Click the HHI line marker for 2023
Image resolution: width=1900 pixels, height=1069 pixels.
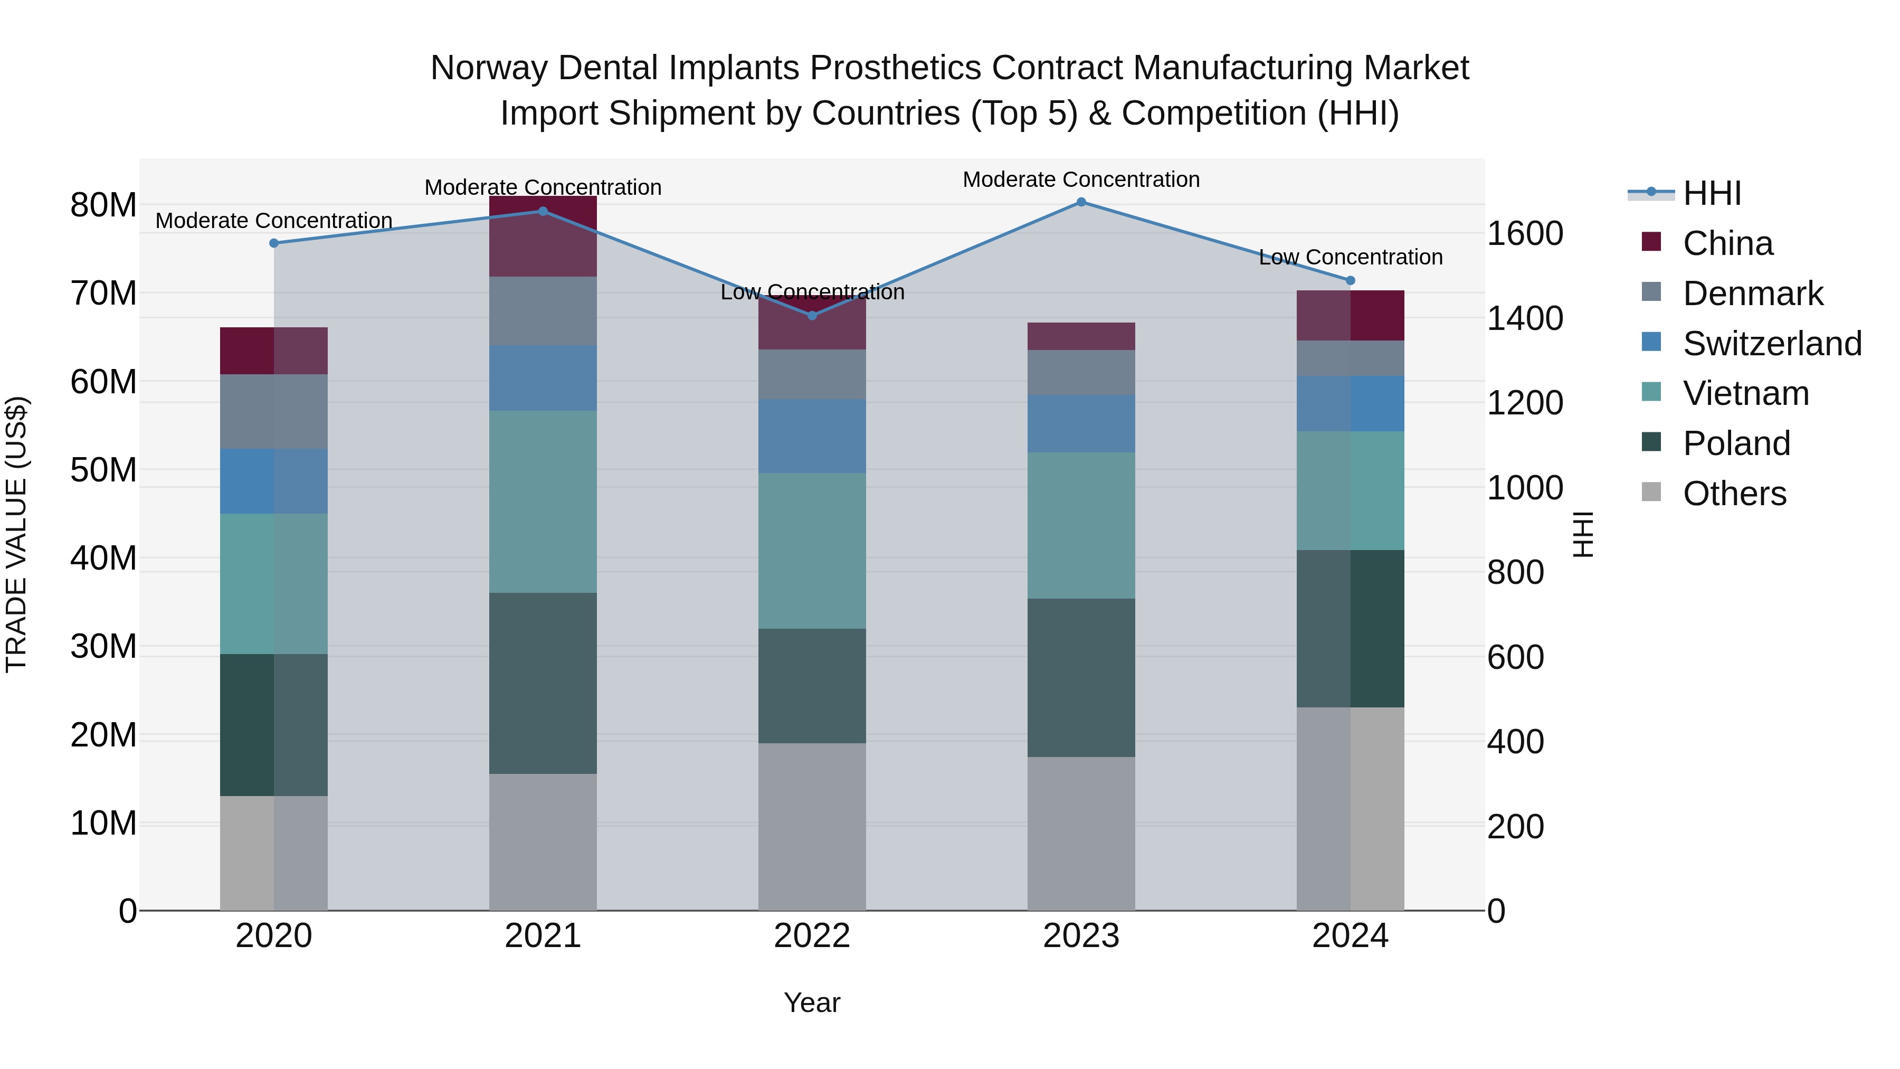click(x=1081, y=202)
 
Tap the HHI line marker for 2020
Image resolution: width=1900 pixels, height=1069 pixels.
click(x=273, y=243)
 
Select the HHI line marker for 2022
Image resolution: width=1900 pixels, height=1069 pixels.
click(x=812, y=316)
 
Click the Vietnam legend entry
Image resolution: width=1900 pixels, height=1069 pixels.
click(x=1745, y=394)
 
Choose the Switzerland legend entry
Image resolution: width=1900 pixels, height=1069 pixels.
click(x=1772, y=344)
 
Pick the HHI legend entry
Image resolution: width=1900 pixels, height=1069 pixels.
click(x=1711, y=193)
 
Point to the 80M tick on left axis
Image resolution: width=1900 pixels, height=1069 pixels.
click(x=103, y=205)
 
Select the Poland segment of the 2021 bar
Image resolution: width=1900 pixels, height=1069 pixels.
click(x=543, y=683)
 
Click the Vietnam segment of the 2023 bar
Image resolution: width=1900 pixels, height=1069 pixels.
click(x=1081, y=525)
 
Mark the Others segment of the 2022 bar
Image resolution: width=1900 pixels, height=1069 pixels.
click(x=812, y=826)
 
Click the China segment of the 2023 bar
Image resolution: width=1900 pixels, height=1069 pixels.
click(x=1081, y=336)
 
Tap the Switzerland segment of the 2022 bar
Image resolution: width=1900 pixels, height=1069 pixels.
click(x=812, y=436)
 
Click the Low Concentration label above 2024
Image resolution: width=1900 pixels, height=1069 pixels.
click(x=1351, y=258)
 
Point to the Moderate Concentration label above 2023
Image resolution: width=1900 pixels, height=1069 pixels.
click(x=1081, y=180)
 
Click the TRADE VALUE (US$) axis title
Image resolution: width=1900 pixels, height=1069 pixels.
click(x=16, y=534)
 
